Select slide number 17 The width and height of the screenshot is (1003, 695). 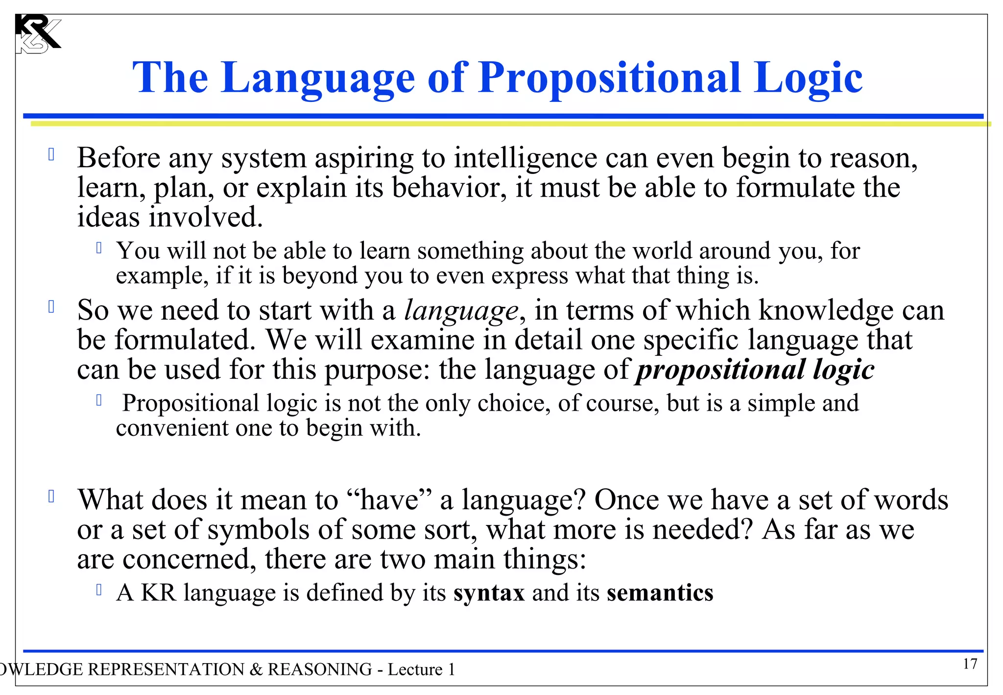click(x=970, y=664)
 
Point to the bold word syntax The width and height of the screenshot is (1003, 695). click(x=489, y=593)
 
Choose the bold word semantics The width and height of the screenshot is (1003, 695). click(x=660, y=593)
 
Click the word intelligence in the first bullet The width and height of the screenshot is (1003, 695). click(x=525, y=159)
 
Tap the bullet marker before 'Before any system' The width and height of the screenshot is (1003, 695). click(x=51, y=155)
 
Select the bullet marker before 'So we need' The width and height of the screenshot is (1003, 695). click(x=51, y=307)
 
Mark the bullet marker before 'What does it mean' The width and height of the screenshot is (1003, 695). click(x=51, y=496)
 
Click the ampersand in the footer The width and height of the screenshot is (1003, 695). click(x=256, y=669)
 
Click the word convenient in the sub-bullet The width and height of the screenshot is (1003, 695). click(x=172, y=428)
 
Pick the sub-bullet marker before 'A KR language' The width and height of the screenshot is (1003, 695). click(x=99, y=590)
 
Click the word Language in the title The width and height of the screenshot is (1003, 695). click(x=318, y=78)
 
